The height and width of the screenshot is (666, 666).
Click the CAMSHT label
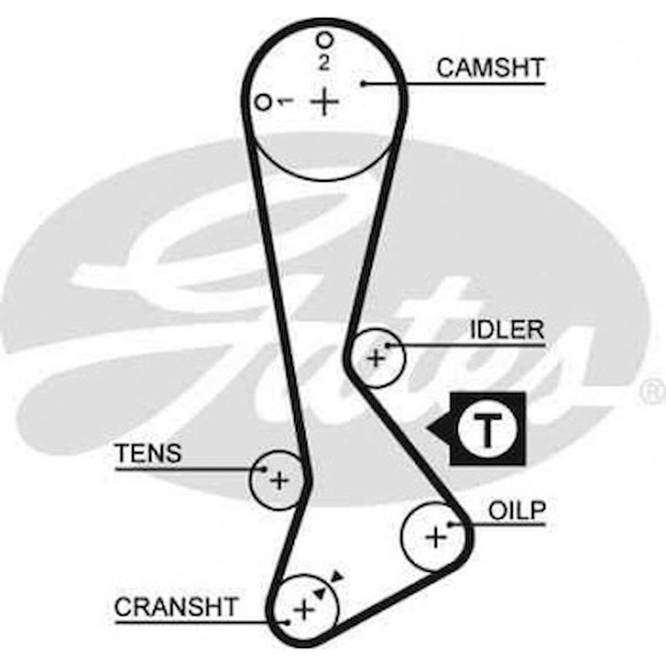(x=490, y=68)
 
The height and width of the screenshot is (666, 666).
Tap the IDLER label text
(x=507, y=330)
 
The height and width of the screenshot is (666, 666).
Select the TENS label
(x=148, y=453)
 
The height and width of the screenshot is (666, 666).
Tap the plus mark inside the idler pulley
(x=375, y=358)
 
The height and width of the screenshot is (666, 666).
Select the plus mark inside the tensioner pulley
(x=278, y=480)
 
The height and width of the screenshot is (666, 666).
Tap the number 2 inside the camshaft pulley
(x=323, y=63)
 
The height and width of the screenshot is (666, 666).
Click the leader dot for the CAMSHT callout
(x=365, y=84)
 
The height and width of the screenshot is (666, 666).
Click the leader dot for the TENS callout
(x=264, y=468)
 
